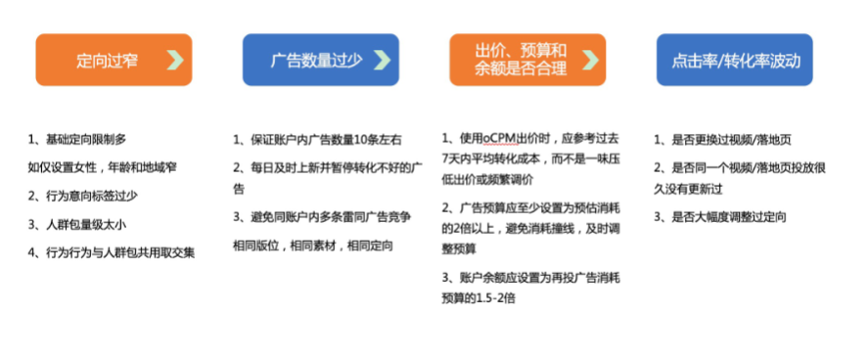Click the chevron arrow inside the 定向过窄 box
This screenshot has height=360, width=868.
tap(175, 60)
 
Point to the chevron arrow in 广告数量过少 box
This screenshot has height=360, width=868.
tap(382, 60)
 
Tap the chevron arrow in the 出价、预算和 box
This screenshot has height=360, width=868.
tap(591, 60)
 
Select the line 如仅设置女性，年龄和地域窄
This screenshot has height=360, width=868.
tap(103, 168)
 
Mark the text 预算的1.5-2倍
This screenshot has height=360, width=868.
tap(479, 296)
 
